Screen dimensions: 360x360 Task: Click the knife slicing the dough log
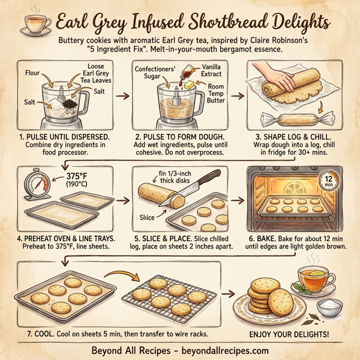click(197, 187)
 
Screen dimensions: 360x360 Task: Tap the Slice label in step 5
click(148, 215)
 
